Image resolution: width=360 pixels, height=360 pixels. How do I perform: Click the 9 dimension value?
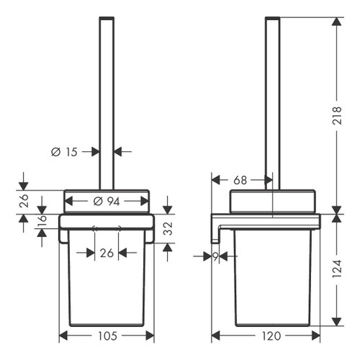coord(215,255)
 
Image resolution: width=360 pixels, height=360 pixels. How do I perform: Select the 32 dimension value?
coord(167,229)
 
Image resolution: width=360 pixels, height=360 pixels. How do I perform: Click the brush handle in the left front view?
coord(106,86)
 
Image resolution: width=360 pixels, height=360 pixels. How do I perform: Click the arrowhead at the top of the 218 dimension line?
coord(336,21)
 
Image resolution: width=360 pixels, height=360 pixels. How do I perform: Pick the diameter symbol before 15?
coord(55,152)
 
